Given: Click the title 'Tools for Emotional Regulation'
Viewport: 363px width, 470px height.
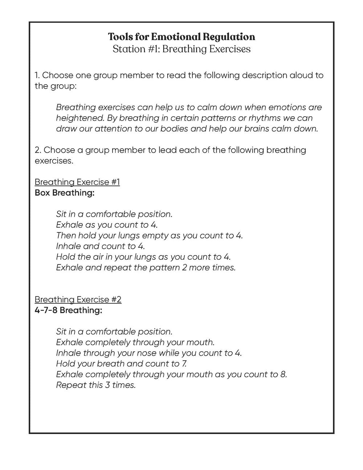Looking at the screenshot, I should point(181,37).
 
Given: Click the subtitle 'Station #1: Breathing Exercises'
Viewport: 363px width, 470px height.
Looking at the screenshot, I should point(181,49).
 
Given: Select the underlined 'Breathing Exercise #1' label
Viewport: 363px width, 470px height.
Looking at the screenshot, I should point(77,182).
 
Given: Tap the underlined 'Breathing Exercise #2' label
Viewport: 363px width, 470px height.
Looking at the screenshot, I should point(78,300).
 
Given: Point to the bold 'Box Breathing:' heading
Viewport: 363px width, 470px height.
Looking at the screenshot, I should point(64,193).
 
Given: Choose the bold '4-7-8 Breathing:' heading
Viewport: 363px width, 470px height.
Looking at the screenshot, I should point(68,311).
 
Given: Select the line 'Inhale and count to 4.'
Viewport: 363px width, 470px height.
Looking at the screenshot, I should point(100,246).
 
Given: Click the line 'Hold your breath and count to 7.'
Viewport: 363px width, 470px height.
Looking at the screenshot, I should point(121,364).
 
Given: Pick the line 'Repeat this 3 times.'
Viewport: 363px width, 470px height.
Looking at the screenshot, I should point(96,385).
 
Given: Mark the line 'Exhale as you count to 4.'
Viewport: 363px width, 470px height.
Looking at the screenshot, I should point(107,225).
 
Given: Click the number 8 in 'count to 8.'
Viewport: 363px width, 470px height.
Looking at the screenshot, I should point(283,374).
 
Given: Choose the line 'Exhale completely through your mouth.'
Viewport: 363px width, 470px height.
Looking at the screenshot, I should point(135,342).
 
